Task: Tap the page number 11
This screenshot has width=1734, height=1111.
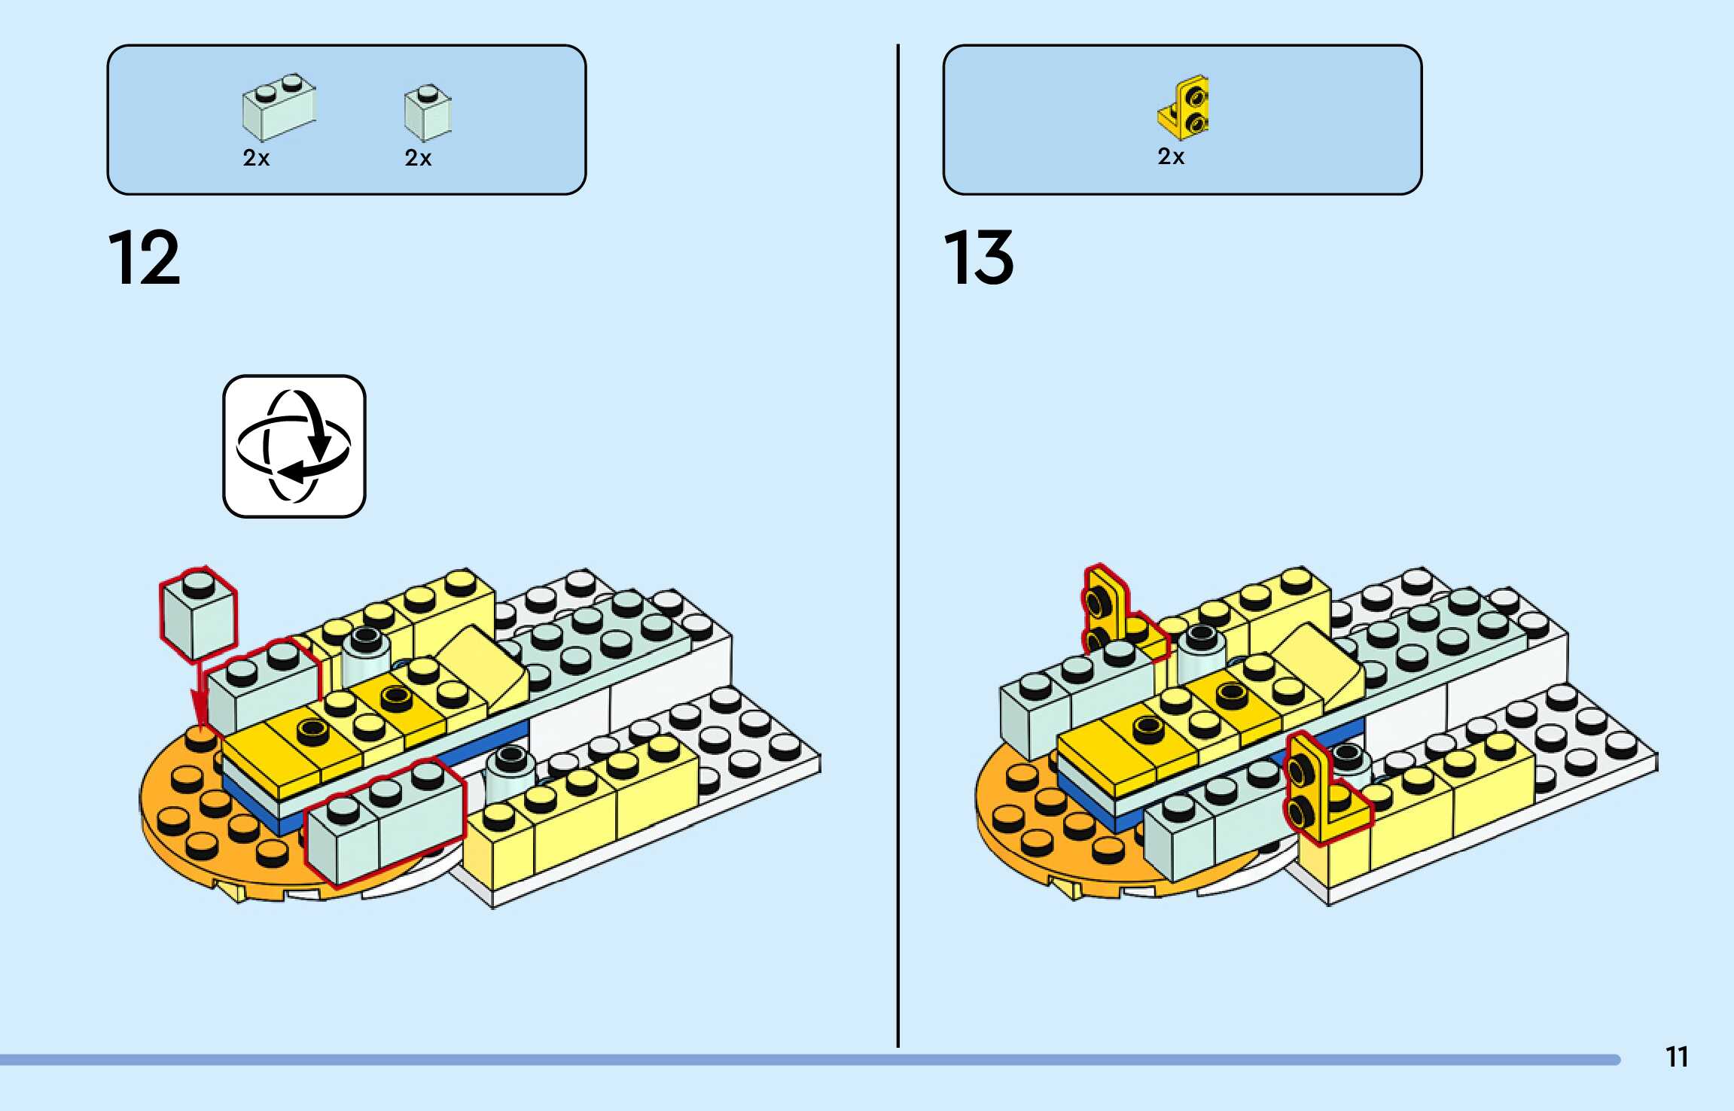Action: (1677, 1057)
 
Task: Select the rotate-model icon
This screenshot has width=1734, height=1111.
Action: (294, 446)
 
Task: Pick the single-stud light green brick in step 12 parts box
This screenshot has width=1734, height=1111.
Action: (428, 113)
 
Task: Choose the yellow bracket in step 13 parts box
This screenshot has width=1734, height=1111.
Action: (1184, 108)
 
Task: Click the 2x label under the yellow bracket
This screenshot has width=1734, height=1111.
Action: (1171, 157)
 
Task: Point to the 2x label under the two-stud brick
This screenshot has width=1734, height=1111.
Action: (256, 158)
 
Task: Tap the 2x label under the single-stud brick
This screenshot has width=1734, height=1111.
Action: (418, 158)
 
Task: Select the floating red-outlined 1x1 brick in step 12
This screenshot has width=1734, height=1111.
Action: (198, 613)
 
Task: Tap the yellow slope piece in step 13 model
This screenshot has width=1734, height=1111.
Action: (1318, 662)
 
